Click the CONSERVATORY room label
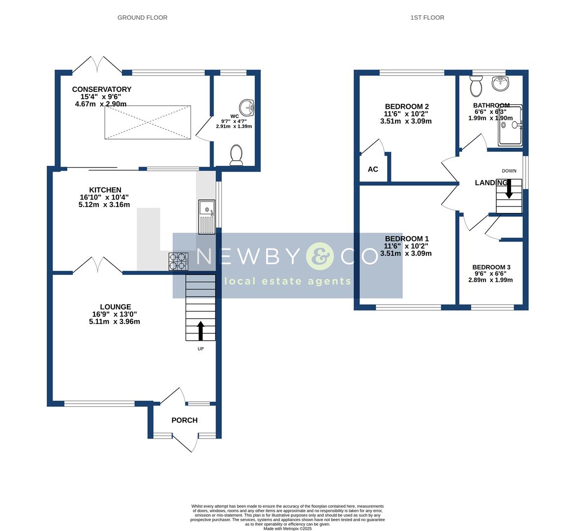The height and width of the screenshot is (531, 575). (x=102, y=89)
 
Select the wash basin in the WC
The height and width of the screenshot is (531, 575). (x=246, y=107)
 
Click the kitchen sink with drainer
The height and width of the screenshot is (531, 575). (x=207, y=217)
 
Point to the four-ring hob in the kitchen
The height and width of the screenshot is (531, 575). (x=178, y=262)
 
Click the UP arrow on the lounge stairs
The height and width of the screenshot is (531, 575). (x=200, y=330)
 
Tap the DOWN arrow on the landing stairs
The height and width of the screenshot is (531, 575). (x=509, y=189)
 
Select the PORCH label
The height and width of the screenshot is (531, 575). (x=184, y=420)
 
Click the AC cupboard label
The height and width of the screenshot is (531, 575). (x=373, y=170)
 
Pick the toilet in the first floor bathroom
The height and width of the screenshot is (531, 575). (x=476, y=87)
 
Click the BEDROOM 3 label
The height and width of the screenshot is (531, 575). (x=490, y=267)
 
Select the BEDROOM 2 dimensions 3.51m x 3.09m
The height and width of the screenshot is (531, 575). (x=406, y=121)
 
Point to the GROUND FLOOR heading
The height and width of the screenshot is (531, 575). (x=142, y=18)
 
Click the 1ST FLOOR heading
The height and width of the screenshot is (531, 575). (x=427, y=18)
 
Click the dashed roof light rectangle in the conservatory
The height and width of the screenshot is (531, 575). (x=148, y=122)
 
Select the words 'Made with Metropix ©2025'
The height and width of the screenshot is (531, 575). (x=287, y=529)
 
